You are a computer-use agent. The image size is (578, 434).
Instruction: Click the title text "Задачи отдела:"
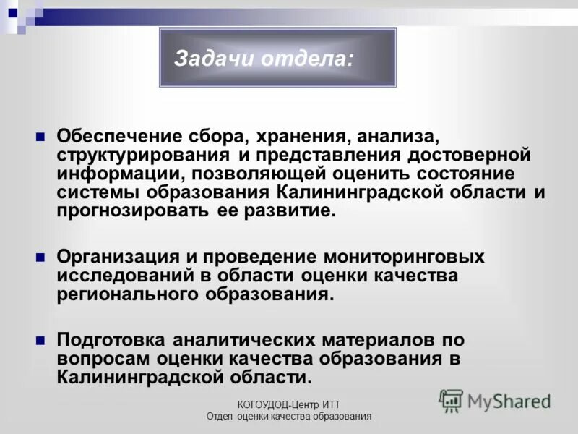click(264, 59)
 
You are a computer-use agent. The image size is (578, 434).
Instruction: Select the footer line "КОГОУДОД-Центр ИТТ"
click(288, 404)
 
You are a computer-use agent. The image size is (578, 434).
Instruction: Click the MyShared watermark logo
click(495, 400)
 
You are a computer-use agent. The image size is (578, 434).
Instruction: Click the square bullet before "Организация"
click(41, 257)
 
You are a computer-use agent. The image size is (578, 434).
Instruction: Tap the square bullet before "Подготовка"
click(41, 339)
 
